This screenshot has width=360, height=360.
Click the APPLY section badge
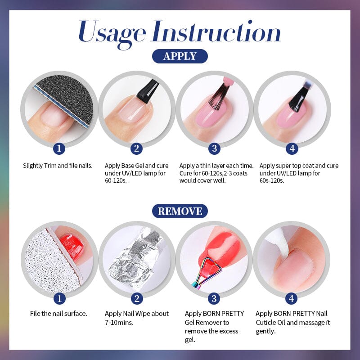click(180, 56)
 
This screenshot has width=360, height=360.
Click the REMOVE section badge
click(180, 211)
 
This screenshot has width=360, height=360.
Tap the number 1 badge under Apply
click(59, 149)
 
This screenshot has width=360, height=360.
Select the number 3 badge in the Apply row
click(214, 149)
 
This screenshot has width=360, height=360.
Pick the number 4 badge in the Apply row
click(292, 149)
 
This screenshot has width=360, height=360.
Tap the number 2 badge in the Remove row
click(137, 298)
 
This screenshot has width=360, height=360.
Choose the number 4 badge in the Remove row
click(292, 298)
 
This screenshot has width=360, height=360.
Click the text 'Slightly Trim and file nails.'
click(58, 166)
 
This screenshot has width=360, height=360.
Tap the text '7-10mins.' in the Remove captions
click(119, 322)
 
